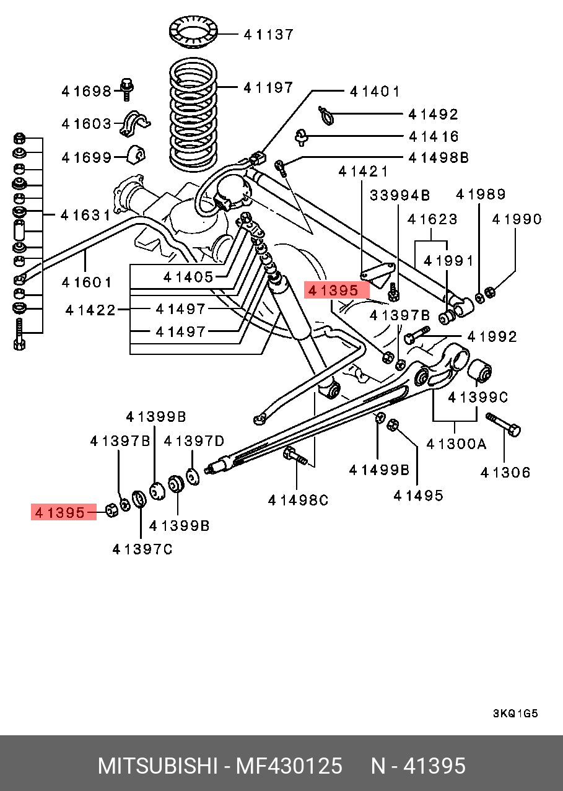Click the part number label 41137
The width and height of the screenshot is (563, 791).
pos(268,35)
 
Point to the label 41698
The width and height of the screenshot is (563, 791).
pos(86,92)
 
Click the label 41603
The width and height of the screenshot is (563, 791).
pos(86,124)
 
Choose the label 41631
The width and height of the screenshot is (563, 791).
pos(85,216)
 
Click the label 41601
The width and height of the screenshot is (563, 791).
pos(87,282)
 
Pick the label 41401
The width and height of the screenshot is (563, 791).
pos(375,92)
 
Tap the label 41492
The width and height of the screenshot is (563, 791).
pos(434,115)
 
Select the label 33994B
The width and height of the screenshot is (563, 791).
pos(400,196)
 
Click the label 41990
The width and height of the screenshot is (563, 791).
pos(517,219)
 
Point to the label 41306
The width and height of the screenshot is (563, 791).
pos(505,473)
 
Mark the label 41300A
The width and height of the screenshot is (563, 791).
pos(456,444)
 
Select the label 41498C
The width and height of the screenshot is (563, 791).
pos(298,500)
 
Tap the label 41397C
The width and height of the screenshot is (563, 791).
pos(142,549)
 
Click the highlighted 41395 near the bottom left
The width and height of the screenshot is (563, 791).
pos(59,513)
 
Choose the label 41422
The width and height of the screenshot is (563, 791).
pos(91,310)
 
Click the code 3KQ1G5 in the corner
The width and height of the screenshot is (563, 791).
pos(515,714)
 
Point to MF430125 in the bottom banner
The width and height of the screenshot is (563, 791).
pos(288,766)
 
